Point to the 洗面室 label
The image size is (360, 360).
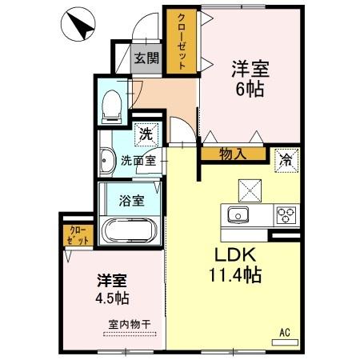point(137,159)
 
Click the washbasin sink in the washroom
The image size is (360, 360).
point(107,162)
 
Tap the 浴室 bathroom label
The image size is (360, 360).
point(133,199)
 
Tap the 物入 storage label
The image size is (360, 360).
point(231,154)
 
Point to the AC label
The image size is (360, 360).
point(283,331)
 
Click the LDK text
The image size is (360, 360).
point(233,256)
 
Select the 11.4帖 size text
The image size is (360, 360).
point(234,275)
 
